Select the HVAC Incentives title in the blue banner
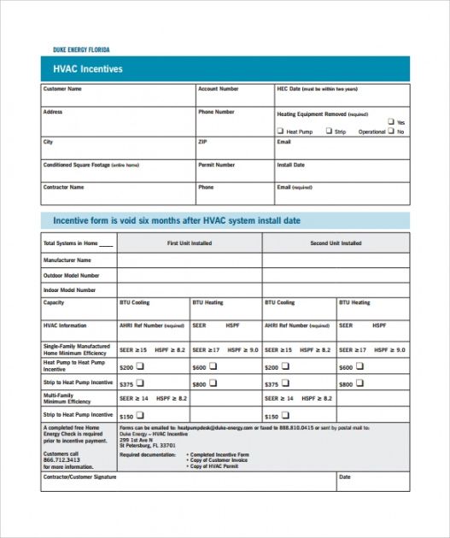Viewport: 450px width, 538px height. click(x=87, y=69)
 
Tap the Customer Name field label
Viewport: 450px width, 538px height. click(x=62, y=89)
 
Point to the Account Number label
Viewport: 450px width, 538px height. click(x=219, y=89)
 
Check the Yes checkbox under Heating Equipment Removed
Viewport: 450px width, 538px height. click(x=391, y=122)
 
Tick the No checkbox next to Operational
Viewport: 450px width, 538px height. click(x=391, y=132)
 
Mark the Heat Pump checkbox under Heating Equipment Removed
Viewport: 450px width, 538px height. click(x=279, y=132)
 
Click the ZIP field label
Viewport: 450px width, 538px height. click(x=202, y=142)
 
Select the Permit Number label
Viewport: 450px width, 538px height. click(x=216, y=165)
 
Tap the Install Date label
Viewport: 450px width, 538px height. click(x=290, y=165)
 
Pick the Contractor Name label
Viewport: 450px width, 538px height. click(x=63, y=187)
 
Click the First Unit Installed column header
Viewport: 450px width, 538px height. click(x=189, y=243)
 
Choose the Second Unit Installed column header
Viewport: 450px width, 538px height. click(x=335, y=243)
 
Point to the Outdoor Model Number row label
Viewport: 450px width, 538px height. click(x=71, y=276)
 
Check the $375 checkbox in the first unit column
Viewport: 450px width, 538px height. click(x=140, y=383)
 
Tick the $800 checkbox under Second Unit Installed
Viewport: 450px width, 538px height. click(x=359, y=383)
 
